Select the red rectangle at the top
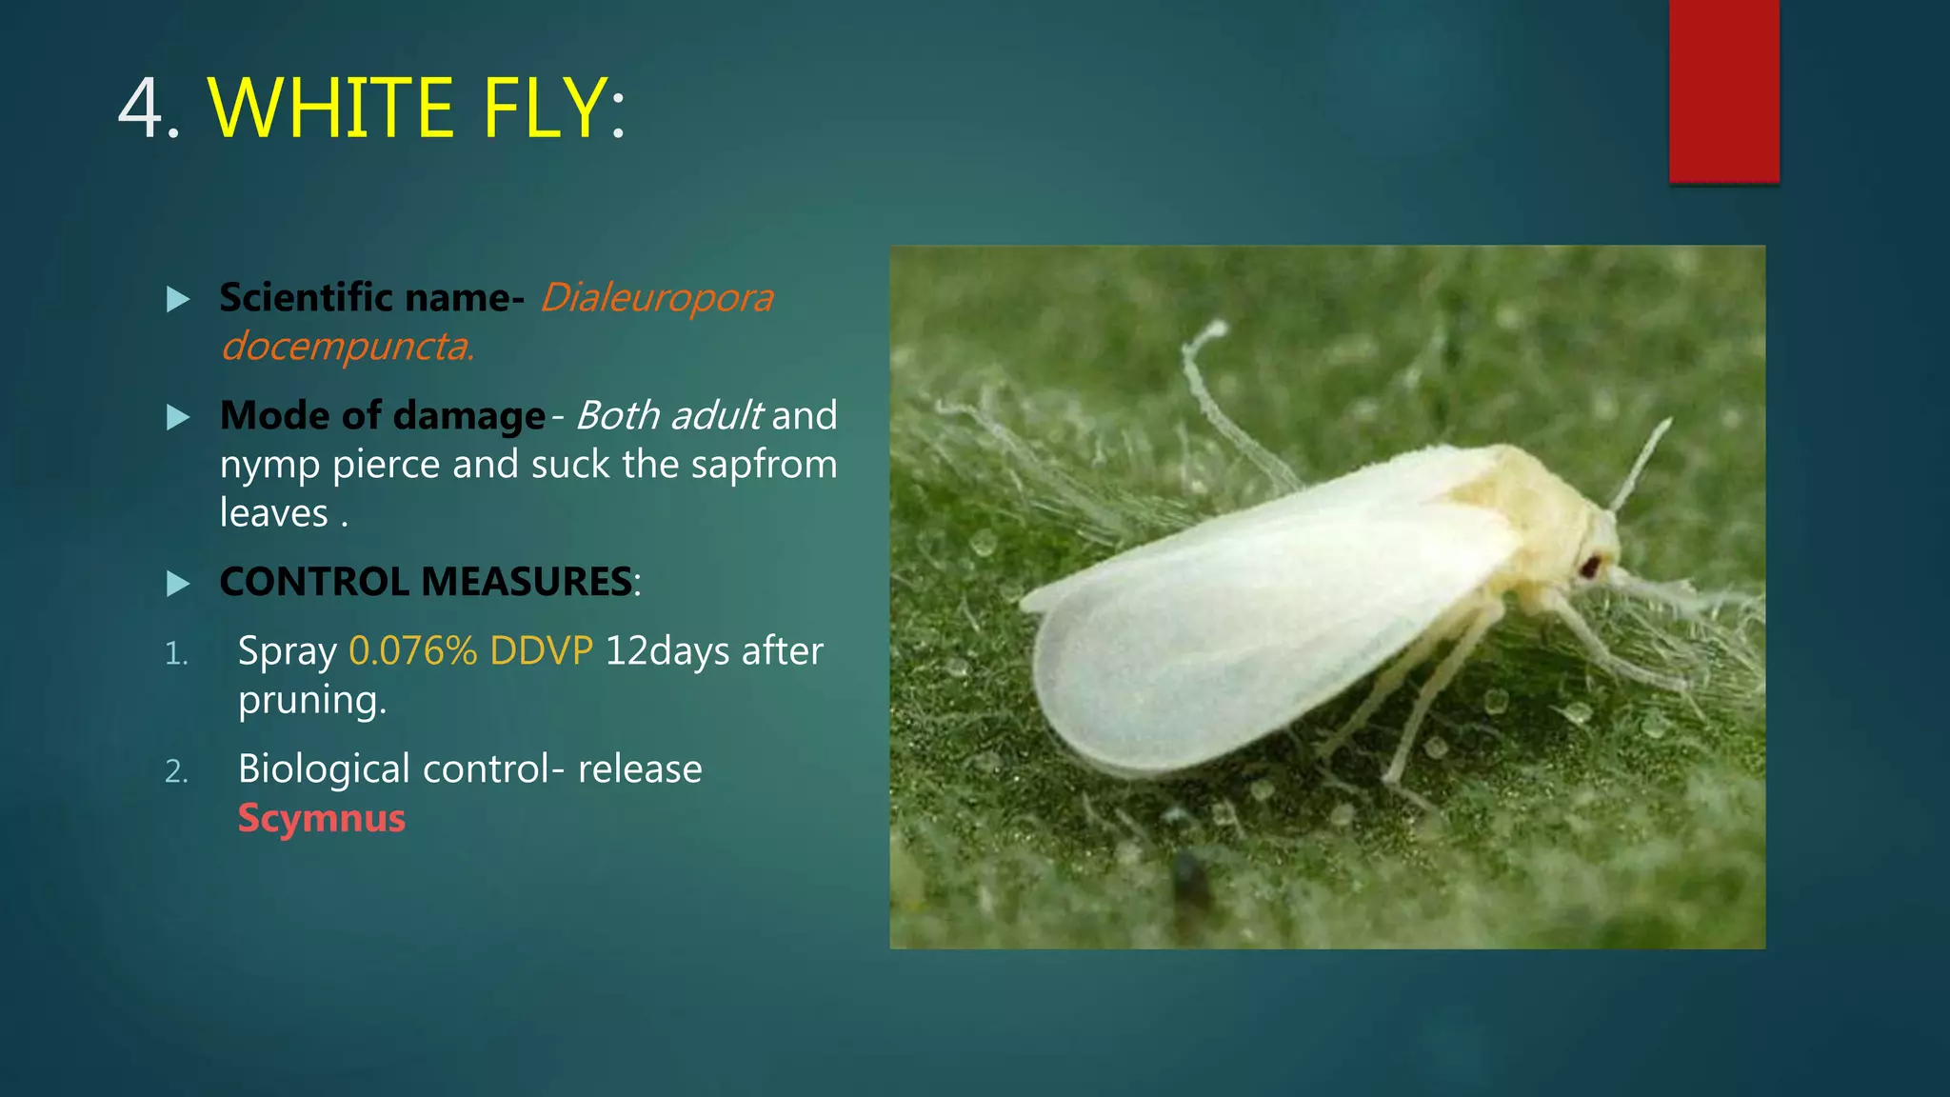(x=1723, y=90)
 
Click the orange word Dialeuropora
(x=657, y=298)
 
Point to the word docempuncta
(x=347, y=347)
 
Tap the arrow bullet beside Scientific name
(x=178, y=300)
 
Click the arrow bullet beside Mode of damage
(x=178, y=417)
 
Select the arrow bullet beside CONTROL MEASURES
(x=178, y=583)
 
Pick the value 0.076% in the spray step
(x=412, y=651)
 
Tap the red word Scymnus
(x=322, y=819)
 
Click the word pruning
(x=311, y=701)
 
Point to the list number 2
(x=176, y=771)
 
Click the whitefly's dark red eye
(x=1590, y=568)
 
